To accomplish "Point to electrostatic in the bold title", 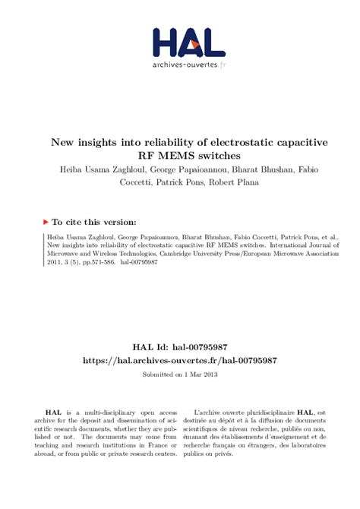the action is pos(208,141).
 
